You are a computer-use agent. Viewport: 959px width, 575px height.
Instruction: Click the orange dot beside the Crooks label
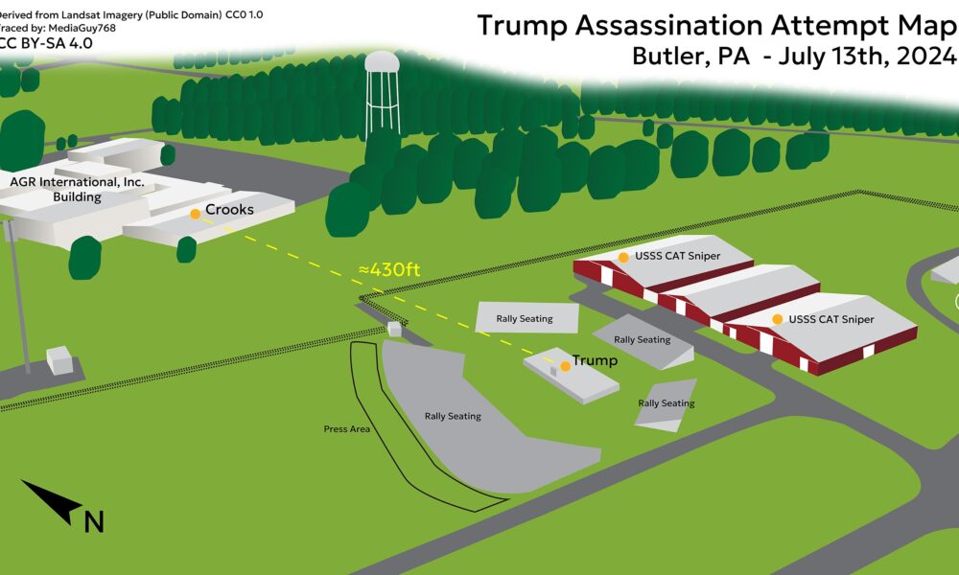[x=195, y=214]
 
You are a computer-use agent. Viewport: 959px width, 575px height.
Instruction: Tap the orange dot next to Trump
[x=565, y=366]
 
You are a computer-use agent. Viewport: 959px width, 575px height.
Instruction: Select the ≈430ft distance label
[x=389, y=269]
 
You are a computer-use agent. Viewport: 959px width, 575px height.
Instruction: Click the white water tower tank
[x=383, y=62]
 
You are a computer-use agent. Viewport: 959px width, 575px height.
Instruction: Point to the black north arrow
[x=52, y=501]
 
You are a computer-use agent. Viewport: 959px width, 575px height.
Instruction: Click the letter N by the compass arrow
[x=94, y=522]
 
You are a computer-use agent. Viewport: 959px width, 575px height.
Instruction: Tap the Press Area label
[x=347, y=429]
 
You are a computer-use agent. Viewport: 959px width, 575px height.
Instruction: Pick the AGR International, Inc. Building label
[x=77, y=190]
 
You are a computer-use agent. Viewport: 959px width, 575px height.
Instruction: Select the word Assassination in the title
[x=669, y=26]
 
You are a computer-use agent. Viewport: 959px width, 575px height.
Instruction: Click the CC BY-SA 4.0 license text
[x=45, y=43]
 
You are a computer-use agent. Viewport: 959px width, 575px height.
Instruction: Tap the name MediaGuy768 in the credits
[x=82, y=28]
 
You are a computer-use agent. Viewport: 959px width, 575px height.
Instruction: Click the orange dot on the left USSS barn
[x=623, y=257]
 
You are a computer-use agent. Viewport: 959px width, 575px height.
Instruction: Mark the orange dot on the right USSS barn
[x=778, y=319]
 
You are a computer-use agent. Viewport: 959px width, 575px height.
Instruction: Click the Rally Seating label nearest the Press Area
[x=453, y=416]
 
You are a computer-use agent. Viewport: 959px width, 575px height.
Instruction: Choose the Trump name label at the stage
[x=595, y=360]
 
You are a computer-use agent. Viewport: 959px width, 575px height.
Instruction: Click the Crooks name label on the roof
[x=229, y=210]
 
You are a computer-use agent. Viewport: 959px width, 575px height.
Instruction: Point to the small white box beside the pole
[x=59, y=360]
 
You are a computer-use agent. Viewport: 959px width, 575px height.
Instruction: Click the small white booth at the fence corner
[x=394, y=329]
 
